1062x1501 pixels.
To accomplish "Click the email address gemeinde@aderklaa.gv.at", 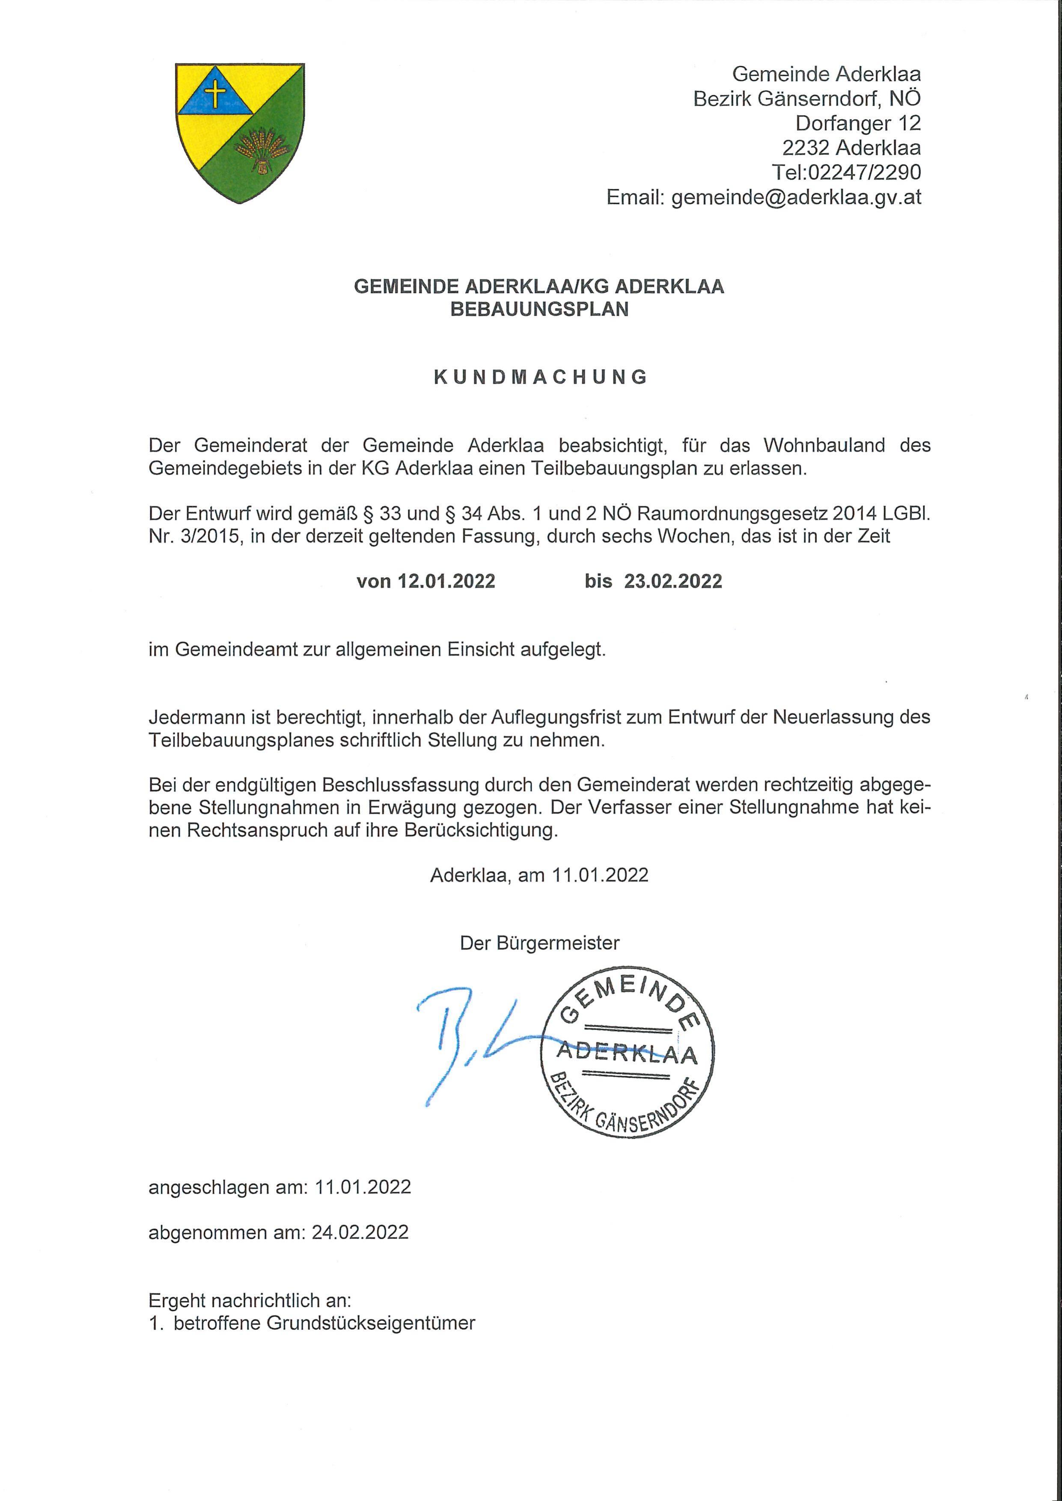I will click(796, 197).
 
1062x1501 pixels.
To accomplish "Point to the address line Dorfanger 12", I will click(857, 123).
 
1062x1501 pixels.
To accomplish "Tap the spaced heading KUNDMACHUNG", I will click(540, 377).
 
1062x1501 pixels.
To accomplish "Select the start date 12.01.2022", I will click(446, 581).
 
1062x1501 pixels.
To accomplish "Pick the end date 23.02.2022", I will click(673, 581).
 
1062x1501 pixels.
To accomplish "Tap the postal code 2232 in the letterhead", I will click(806, 148).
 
